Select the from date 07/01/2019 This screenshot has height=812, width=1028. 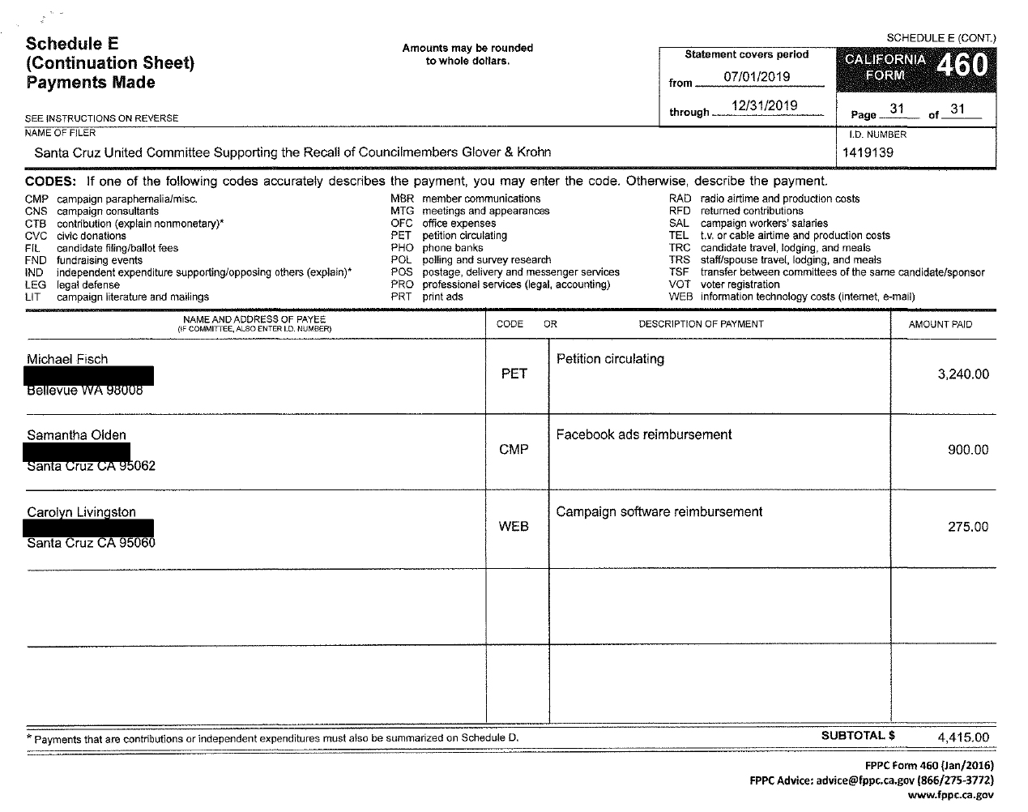757,77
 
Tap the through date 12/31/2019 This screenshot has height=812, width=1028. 764,106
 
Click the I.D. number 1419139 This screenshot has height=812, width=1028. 868,152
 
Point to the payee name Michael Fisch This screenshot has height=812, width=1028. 67,359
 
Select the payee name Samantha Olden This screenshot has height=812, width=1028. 76,435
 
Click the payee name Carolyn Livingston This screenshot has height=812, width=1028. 81,512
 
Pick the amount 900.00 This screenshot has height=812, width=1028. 968,450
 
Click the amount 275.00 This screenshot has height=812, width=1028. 968,527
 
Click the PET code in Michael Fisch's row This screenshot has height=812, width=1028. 514,374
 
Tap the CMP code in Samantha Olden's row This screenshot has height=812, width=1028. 514,450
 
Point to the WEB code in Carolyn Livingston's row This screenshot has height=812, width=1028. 514,527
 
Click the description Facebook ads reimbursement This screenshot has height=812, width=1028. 643,434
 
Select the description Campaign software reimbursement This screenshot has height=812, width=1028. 659,512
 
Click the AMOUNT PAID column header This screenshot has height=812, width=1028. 940,324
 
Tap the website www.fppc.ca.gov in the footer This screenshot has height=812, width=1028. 950,795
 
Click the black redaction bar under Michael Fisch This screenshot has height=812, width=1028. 89,375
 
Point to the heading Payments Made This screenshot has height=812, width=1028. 90,83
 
